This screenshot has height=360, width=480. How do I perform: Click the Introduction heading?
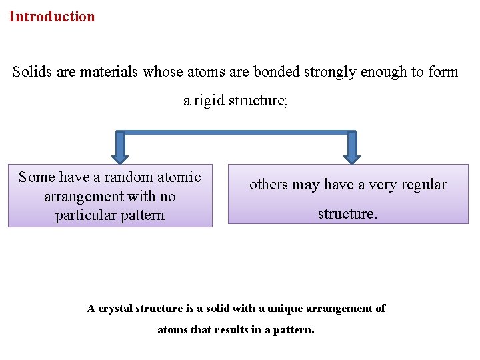pyautogui.click(x=52, y=17)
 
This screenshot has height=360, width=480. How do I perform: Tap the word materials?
pyautogui.click(x=107, y=72)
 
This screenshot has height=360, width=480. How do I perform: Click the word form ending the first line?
pyautogui.click(x=443, y=72)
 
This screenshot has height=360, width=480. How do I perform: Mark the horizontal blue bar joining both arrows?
pyautogui.click(x=236, y=132)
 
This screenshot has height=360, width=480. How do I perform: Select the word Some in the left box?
pyautogui.click(x=37, y=177)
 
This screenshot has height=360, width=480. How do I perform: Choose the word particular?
pyautogui.click(x=85, y=216)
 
